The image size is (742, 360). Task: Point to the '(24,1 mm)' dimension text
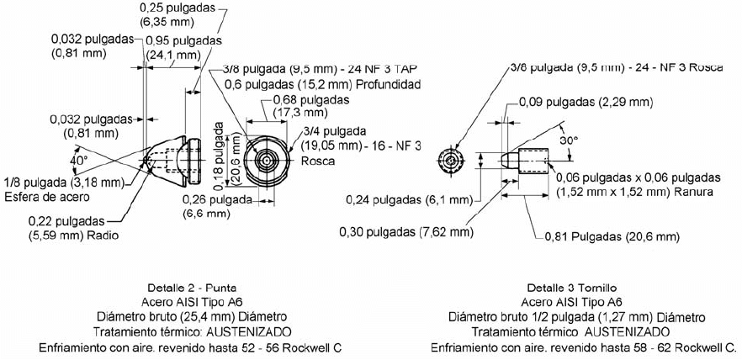172,55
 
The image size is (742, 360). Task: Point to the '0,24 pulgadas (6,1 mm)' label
410,199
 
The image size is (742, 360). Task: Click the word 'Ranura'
697,192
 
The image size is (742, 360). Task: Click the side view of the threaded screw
525,158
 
